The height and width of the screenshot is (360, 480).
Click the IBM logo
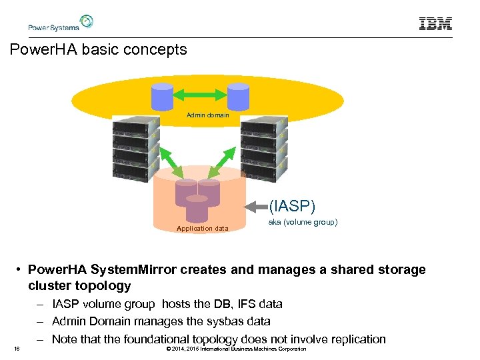tap(435, 24)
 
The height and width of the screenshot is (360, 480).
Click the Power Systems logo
tap(60, 23)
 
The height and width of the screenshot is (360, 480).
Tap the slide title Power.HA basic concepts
tap(99, 50)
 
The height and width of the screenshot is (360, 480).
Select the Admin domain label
tap(207, 115)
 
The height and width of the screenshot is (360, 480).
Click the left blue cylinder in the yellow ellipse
tap(163, 96)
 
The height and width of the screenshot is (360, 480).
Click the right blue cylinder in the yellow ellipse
tap(238, 96)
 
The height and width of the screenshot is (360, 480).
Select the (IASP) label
tap(293, 205)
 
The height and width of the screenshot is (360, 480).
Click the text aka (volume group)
tap(303, 221)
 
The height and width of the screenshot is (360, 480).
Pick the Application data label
tap(202, 228)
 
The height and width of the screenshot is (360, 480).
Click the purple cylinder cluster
tap(197, 198)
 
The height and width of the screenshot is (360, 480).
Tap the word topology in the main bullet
tap(107, 285)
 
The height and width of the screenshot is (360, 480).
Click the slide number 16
tap(15, 349)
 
